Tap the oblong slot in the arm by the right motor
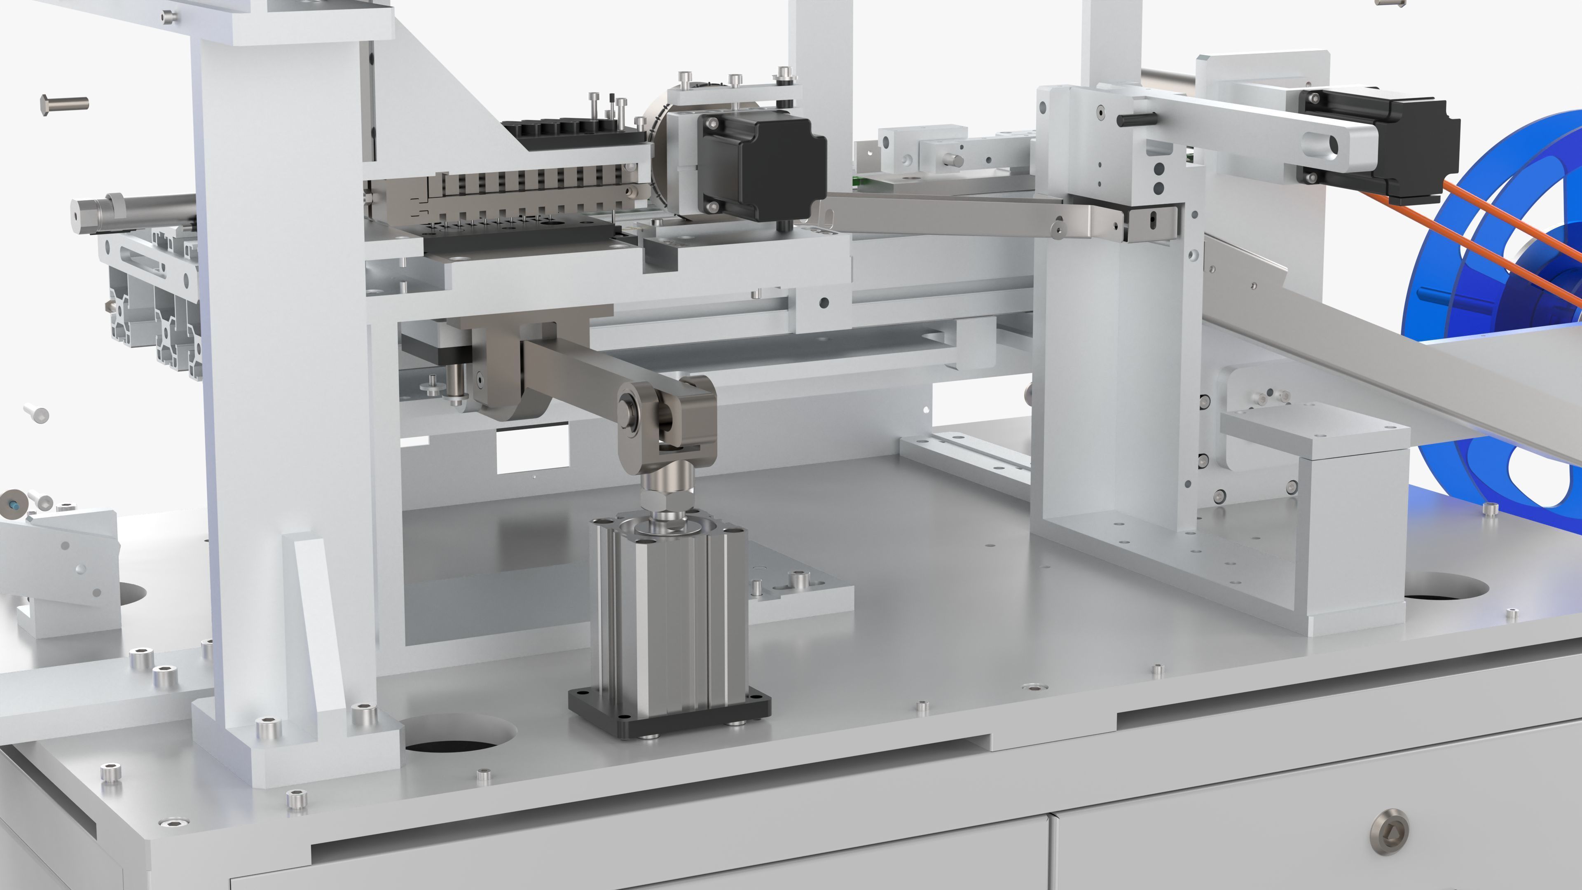click(x=1320, y=145)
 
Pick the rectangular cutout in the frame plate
click(x=531, y=452)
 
